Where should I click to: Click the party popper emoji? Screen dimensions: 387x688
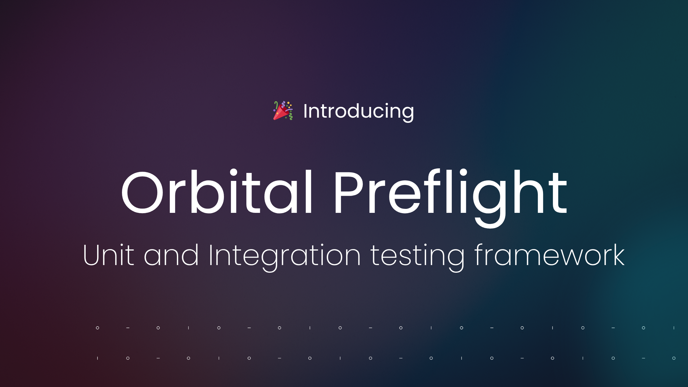point(283,111)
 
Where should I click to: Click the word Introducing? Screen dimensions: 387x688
point(358,111)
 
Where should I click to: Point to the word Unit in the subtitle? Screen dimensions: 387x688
point(108,255)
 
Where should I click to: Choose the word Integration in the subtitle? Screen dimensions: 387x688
point(284,256)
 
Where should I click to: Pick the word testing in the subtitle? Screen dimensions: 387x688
point(417,256)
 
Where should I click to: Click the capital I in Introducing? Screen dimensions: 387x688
point(305,111)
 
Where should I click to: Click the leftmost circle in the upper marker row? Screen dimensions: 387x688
point(97,328)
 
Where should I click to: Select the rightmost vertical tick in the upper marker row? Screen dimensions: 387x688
point(674,328)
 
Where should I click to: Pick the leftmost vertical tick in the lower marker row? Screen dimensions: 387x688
point(97,358)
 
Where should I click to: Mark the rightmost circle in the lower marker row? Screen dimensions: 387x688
point(674,358)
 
